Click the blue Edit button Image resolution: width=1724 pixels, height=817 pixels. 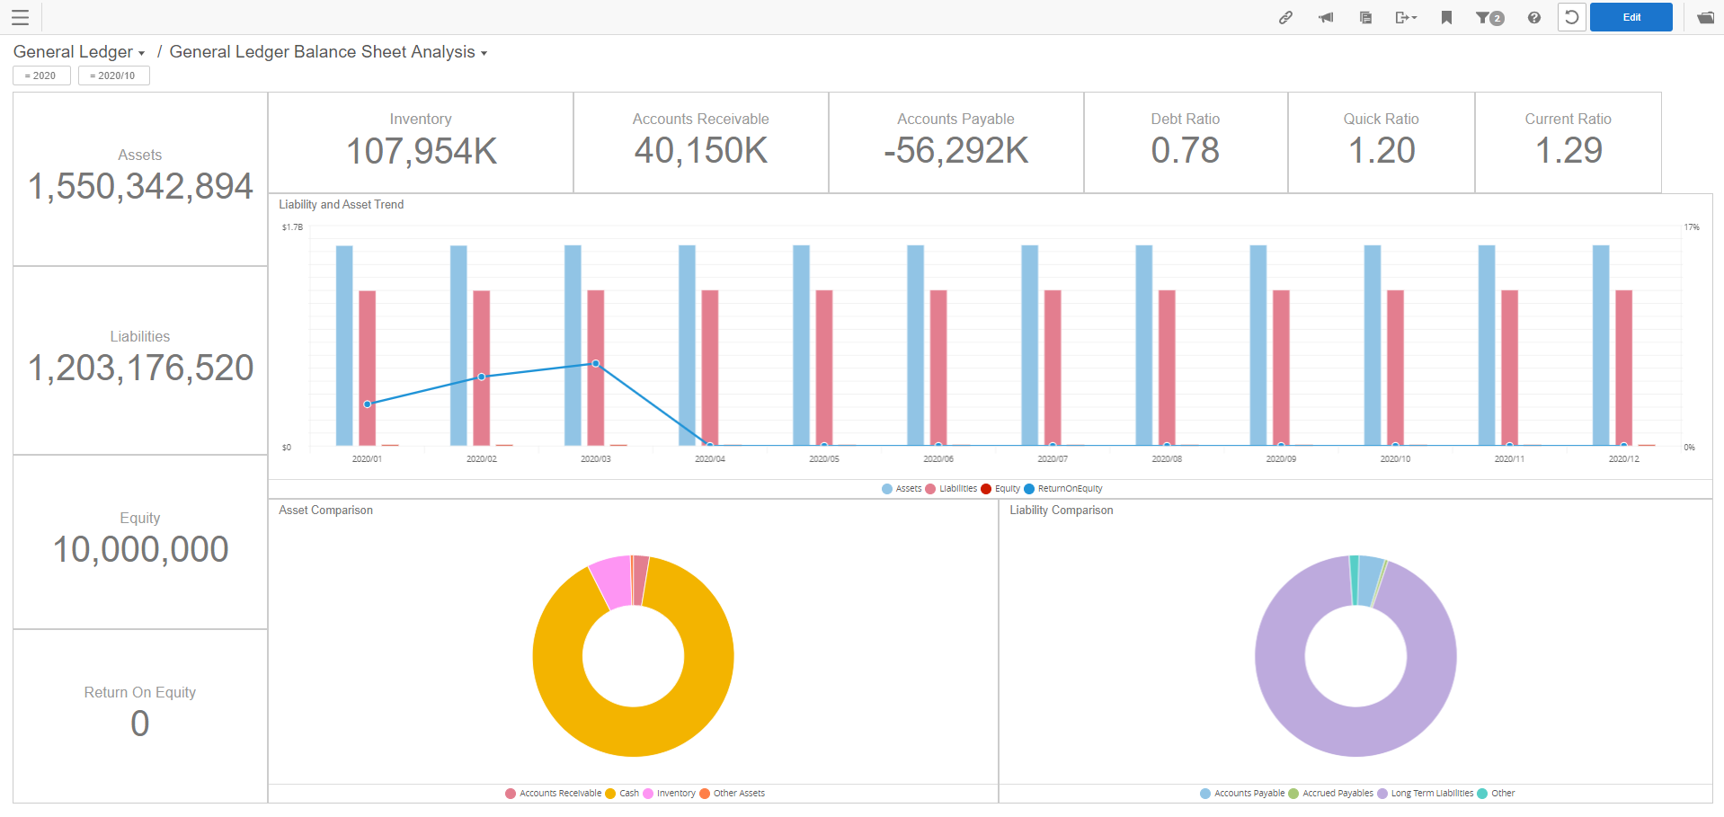[1631, 17]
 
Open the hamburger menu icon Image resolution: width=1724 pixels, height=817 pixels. [20, 17]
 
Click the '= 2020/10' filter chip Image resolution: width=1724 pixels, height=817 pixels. [113, 75]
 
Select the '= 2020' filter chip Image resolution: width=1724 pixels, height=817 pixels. [41, 75]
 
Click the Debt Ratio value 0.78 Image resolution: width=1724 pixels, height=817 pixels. [1185, 150]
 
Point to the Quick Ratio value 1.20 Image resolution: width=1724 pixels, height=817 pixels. [1381, 150]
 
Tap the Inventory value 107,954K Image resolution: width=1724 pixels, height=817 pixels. [421, 151]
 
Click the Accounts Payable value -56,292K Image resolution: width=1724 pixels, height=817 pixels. [955, 151]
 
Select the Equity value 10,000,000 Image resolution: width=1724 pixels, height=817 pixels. [140, 549]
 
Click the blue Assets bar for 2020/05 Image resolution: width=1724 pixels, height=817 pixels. [801, 346]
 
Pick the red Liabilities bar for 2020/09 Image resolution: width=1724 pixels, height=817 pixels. [1281, 369]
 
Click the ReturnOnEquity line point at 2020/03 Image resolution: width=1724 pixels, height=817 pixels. [595, 364]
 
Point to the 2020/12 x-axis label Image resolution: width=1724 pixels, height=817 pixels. [1623, 459]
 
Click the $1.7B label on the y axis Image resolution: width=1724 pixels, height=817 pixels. [292, 227]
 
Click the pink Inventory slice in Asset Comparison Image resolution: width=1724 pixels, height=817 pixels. [610, 580]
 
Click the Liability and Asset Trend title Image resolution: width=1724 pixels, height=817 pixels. [341, 205]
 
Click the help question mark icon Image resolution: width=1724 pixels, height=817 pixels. [1533, 18]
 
